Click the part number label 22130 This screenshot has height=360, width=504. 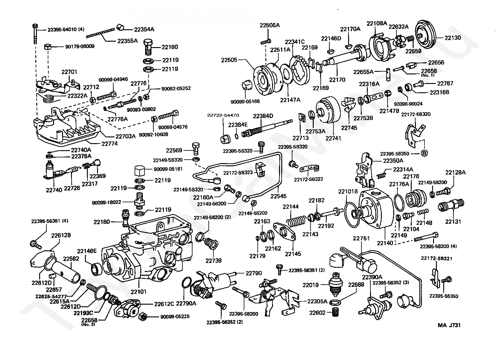pyautogui.click(x=452, y=38)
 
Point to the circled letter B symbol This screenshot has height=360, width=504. pyautogui.click(x=424, y=153)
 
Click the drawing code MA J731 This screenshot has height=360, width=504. pyautogui.click(x=449, y=325)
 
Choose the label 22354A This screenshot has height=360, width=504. pyautogui.click(x=144, y=30)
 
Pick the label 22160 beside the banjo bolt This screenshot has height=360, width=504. pyautogui.click(x=170, y=47)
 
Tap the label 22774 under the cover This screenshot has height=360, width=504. pyautogui.click(x=109, y=143)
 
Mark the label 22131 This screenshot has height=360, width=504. pyautogui.click(x=453, y=222)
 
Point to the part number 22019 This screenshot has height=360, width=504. pyautogui.click(x=311, y=285)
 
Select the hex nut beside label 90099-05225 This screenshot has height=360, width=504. pyautogui.click(x=143, y=316)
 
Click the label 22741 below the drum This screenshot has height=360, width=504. pyautogui.click(x=333, y=138)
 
